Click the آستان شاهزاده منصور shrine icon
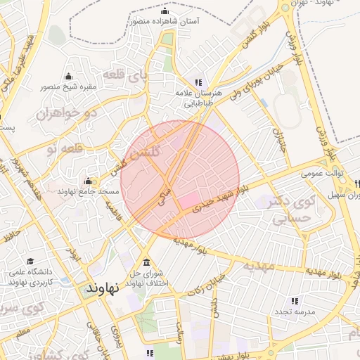(165, 11)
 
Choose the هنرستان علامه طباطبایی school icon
(198, 82)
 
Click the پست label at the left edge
(6, 126)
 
